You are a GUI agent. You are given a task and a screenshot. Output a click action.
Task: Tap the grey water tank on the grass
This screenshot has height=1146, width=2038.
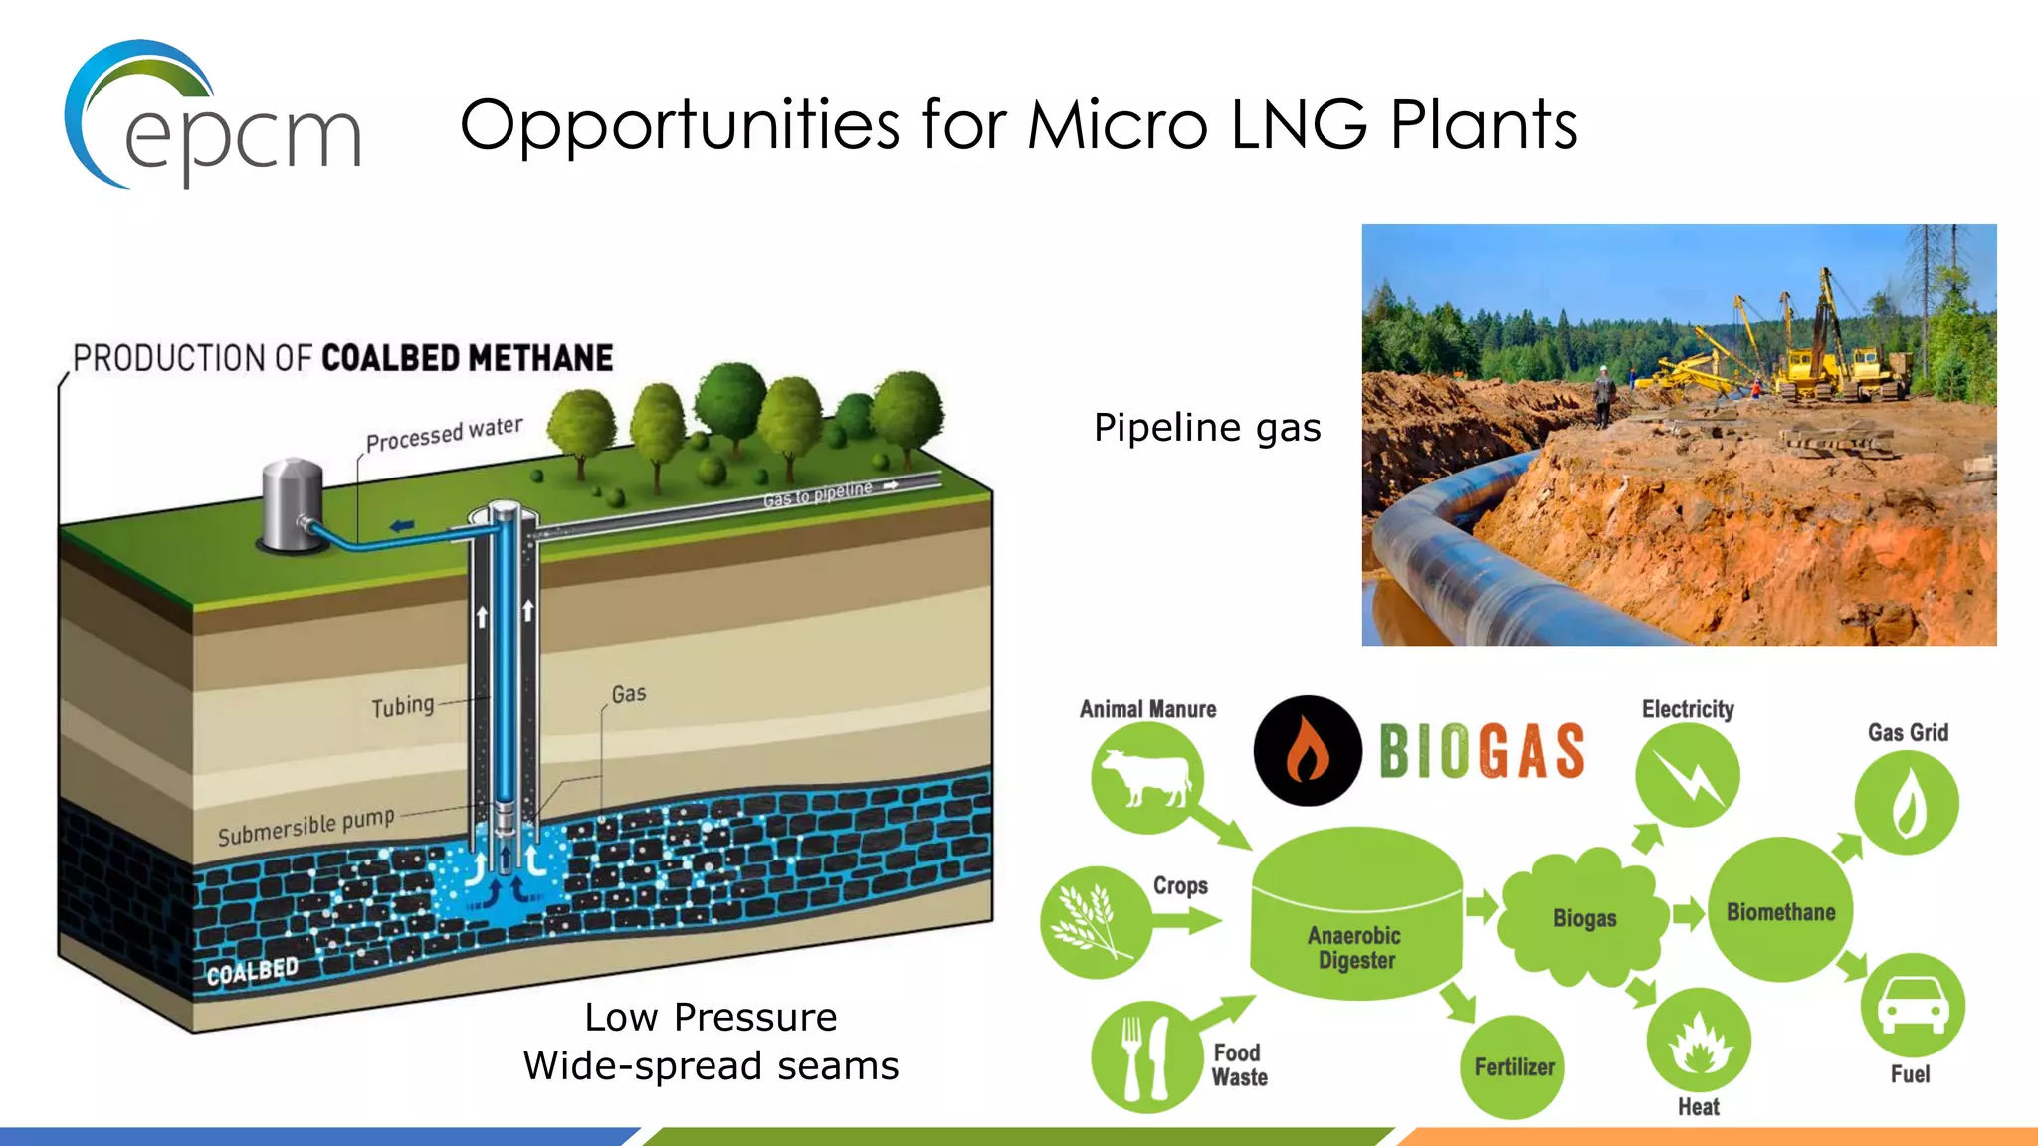click(x=292, y=502)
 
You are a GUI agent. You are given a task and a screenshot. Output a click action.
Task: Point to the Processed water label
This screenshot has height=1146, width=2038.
click(x=444, y=435)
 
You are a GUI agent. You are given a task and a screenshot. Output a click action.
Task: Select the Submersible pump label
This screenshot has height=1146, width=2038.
click(x=306, y=827)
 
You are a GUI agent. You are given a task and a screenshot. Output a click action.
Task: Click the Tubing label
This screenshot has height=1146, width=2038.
click(x=403, y=706)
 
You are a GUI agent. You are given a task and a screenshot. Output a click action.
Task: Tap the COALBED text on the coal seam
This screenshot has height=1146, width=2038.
click(x=252, y=971)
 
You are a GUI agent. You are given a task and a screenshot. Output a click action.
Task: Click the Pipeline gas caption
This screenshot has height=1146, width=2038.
click(x=1207, y=428)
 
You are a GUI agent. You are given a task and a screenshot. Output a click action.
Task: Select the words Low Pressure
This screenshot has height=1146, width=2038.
click(x=711, y=1017)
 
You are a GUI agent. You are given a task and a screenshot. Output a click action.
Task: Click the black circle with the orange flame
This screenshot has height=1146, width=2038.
click(x=1308, y=750)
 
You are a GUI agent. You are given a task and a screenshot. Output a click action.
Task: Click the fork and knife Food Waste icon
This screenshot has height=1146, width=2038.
click(x=1145, y=1056)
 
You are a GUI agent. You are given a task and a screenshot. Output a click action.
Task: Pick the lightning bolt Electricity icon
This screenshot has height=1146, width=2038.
click(x=1687, y=775)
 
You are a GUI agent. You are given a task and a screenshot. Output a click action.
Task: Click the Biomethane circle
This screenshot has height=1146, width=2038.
click(x=1780, y=911)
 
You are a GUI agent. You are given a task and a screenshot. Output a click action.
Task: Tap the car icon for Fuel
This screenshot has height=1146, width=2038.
click(x=1912, y=1006)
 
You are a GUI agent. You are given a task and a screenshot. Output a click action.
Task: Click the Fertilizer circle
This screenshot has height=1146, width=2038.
click(x=1514, y=1066)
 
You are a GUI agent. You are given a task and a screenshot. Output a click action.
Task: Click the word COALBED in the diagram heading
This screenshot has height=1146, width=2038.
click(x=390, y=358)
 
